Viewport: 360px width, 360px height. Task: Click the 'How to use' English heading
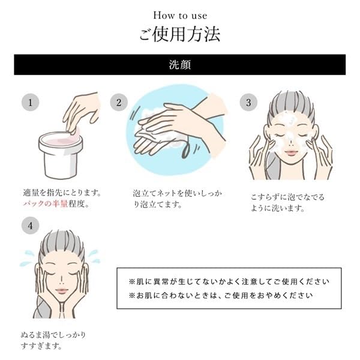pyautogui.click(x=180, y=14)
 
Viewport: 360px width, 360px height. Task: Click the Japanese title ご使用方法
pyautogui.click(x=180, y=34)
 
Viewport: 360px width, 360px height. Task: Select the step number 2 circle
pyautogui.click(x=119, y=103)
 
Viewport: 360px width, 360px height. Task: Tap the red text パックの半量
pyautogui.click(x=39, y=205)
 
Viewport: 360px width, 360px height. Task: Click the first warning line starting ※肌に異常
pyautogui.click(x=229, y=281)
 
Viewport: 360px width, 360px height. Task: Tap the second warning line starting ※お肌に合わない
pyautogui.click(x=221, y=296)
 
